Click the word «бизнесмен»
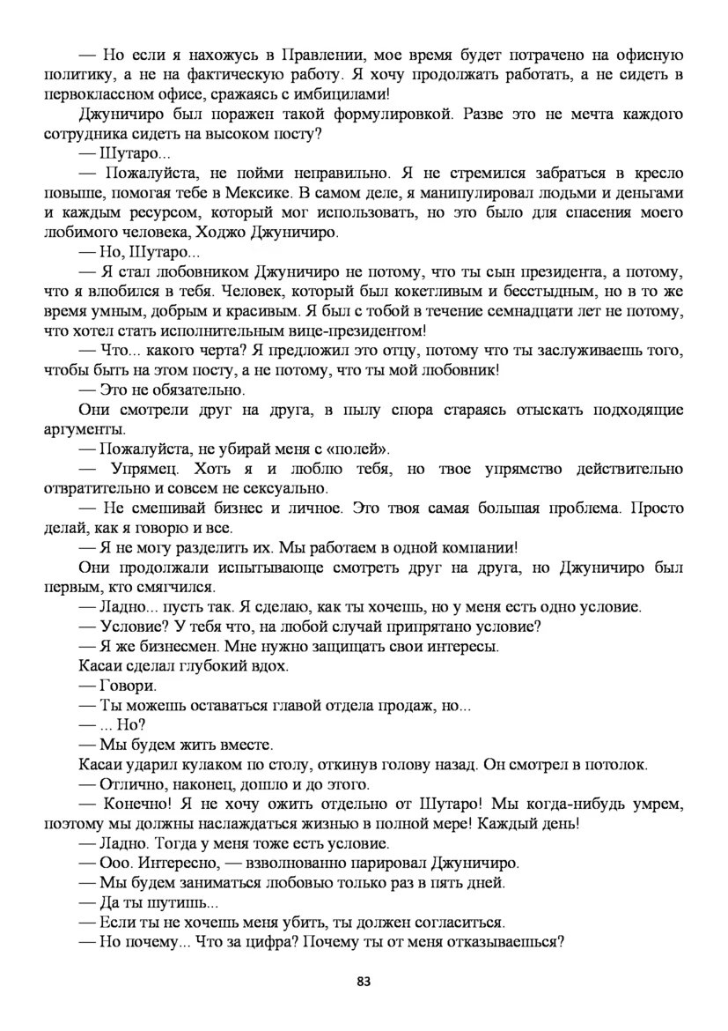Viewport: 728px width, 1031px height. pyautogui.click(x=164, y=646)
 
